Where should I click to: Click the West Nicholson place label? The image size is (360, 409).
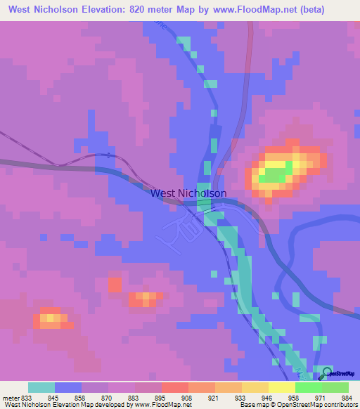(188, 193)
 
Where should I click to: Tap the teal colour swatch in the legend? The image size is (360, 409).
(41, 387)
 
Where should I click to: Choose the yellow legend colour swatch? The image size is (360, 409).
(282, 387)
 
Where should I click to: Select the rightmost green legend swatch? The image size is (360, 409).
(335, 387)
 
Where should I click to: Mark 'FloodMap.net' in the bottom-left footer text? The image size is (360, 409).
(169, 405)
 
